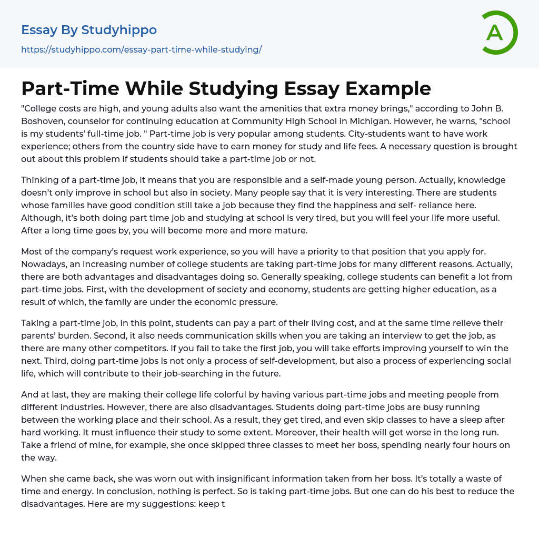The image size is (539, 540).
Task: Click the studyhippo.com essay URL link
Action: [x=141, y=49]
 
